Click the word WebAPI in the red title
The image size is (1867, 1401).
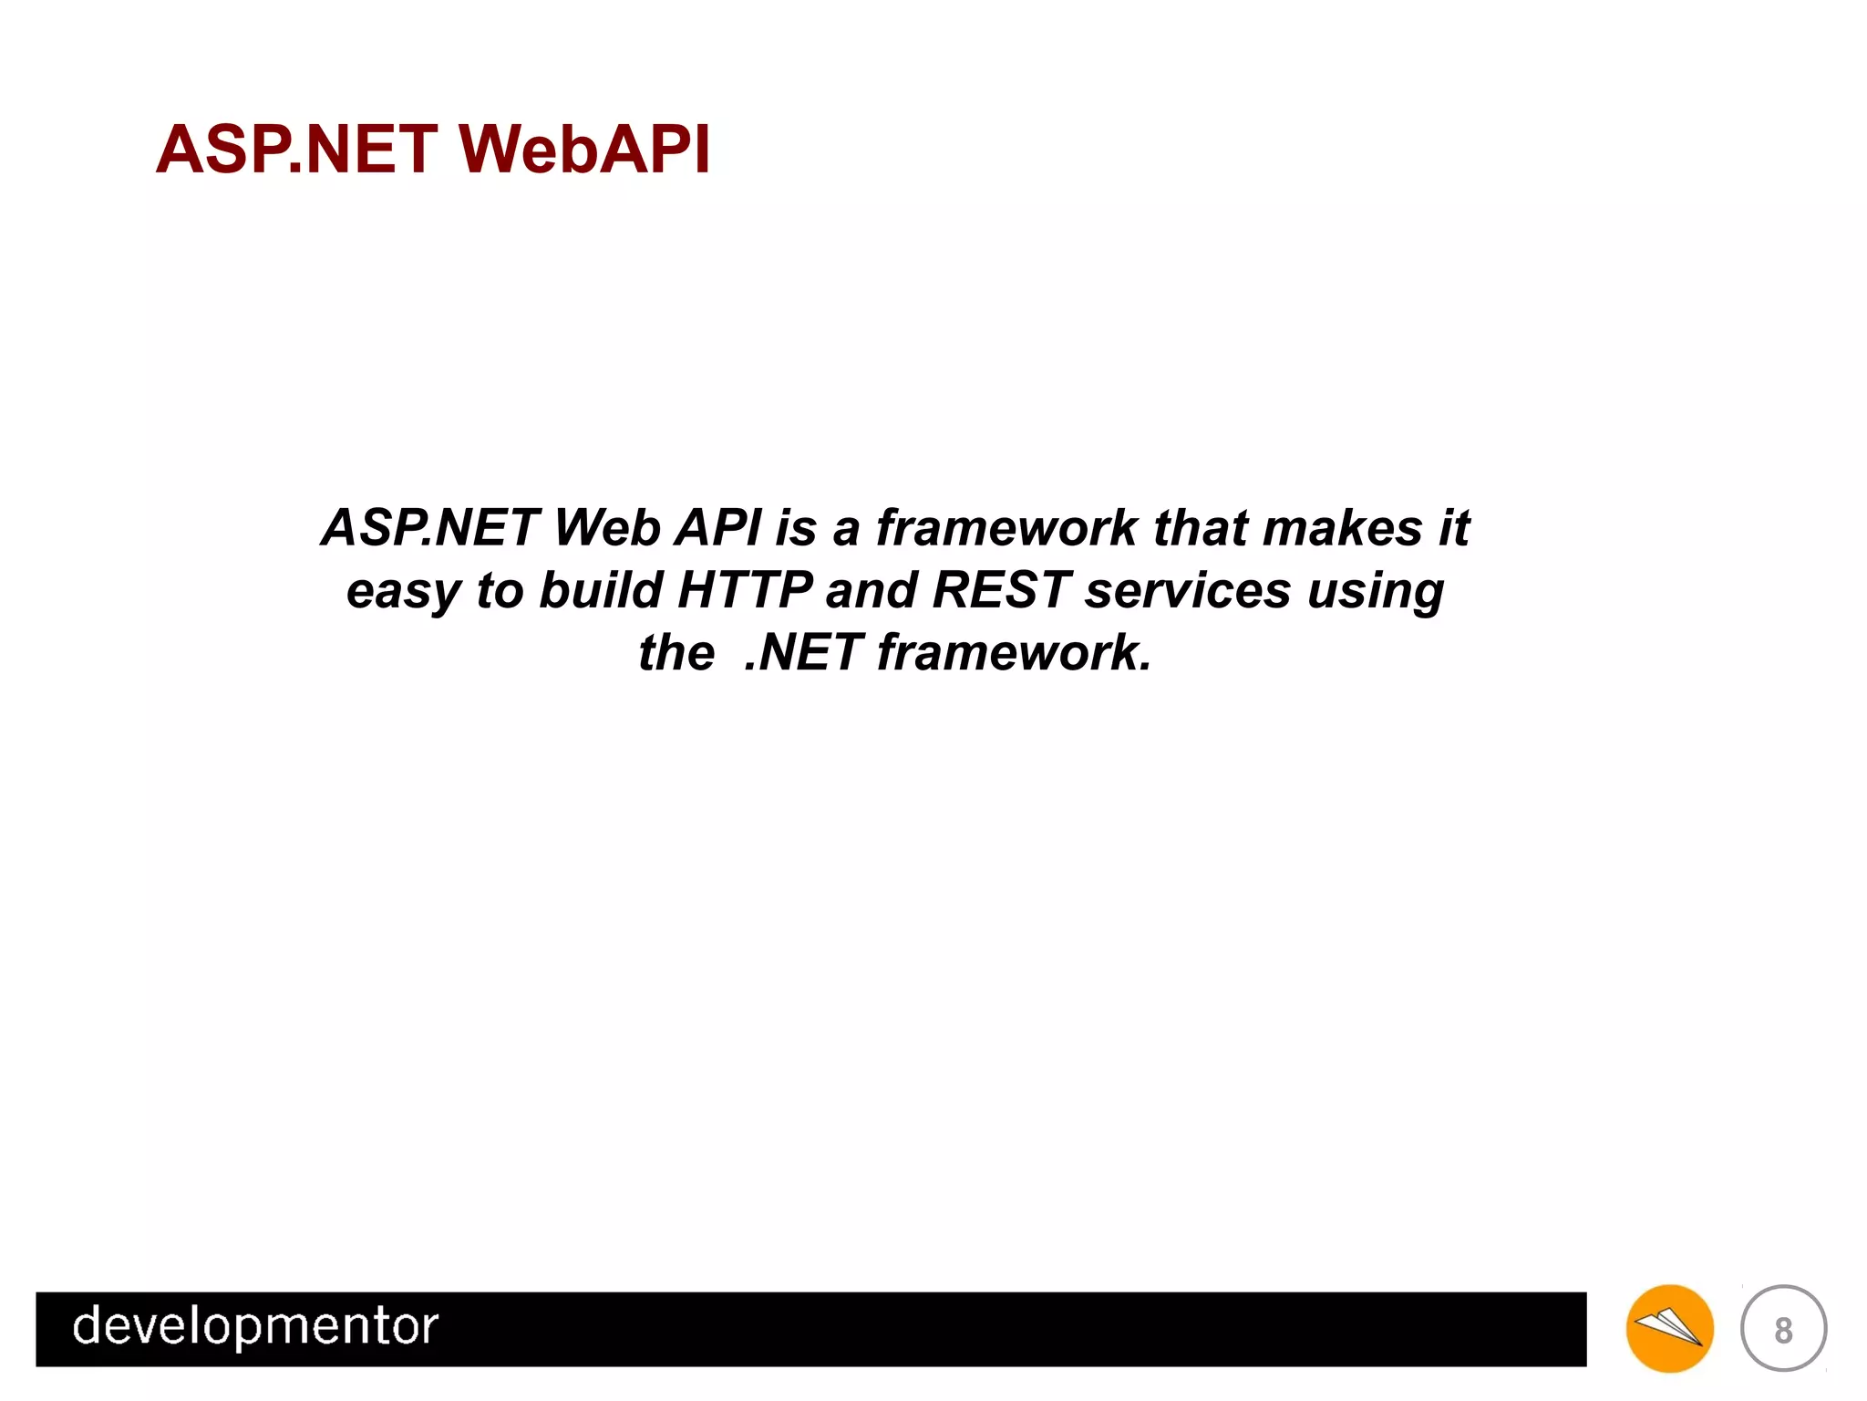[x=583, y=150]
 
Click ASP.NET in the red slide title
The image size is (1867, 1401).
[x=296, y=150]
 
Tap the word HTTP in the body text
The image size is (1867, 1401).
[x=745, y=590]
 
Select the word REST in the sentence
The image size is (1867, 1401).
[x=1001, y=590]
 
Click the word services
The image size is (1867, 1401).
[x=1188, y=590]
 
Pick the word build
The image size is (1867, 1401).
[x=601, y=590]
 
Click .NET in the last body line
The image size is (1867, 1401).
[x=803, y=653]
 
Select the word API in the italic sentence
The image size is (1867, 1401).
[x=717, y=528]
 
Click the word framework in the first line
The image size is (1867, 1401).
[x=1006, y=528]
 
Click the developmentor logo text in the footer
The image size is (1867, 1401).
[x=255, y=1327]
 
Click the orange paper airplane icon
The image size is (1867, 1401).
[x=1669, y=1328]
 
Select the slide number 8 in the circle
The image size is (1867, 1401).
[x=1783, y=1330]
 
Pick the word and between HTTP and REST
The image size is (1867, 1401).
[x=871, y=590]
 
